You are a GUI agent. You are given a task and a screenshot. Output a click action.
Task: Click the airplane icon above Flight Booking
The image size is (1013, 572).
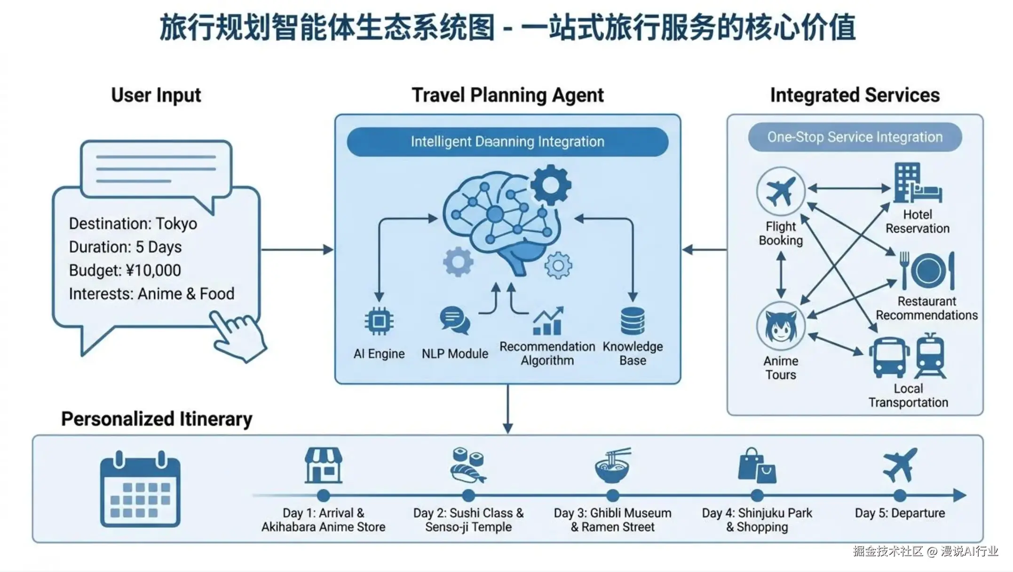click(x=781, y=191)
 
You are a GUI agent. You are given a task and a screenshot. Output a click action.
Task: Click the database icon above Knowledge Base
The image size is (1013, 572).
click(x=633, y=321)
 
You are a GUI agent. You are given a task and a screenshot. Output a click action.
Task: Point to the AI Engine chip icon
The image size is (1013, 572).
click(x=379, y=321)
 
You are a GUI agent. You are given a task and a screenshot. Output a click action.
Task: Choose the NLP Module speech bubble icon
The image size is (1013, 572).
click(x=454, y=320)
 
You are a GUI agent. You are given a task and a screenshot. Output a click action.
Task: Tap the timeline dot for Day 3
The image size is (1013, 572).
click(x=612, y=495)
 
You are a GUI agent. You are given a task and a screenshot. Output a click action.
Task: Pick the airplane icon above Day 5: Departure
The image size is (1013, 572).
click(x=900, y=465)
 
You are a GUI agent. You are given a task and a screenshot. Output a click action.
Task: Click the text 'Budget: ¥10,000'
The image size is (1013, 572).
click(x=125, y=270)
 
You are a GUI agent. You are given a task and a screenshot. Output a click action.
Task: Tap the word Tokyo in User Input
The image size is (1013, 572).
click(x=176, y=224)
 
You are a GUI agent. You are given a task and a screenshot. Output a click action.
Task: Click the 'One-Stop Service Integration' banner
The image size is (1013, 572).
click(x=855, y=137)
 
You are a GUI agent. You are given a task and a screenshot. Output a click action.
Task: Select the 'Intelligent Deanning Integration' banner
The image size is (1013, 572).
click(x=507, y=141)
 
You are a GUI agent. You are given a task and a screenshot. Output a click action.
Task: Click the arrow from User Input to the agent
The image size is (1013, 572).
click(x=297, y=250)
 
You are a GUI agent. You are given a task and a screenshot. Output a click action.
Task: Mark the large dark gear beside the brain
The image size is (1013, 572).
click(x=551, y=185)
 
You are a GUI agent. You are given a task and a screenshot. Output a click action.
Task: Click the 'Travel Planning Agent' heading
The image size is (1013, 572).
click(x=507, y=95)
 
